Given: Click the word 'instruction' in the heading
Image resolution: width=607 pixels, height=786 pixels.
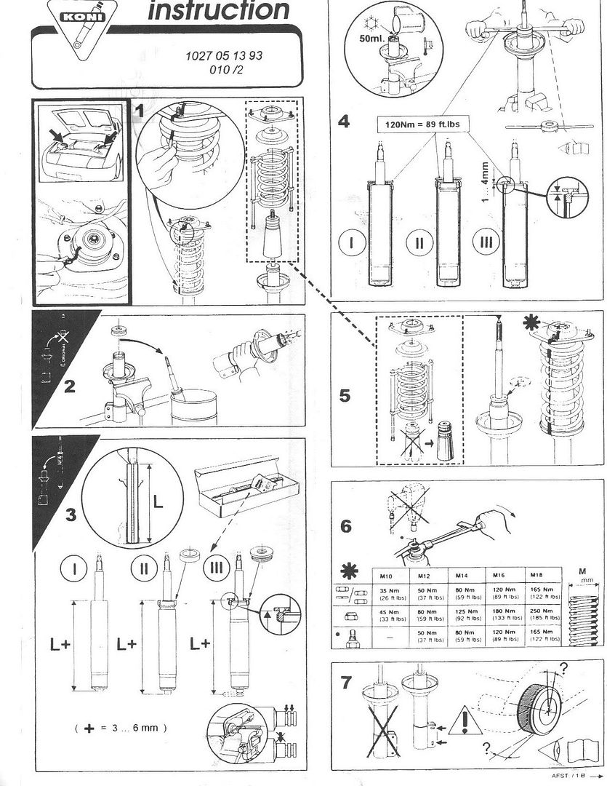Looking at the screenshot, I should pyautogui.click(x=217, y=10).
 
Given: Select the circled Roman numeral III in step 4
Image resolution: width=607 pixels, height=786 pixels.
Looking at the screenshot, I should pyautogui.click(x=487, y=242).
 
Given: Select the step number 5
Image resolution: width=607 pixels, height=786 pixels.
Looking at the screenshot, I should pyautogui.click(x=345, y=396).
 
